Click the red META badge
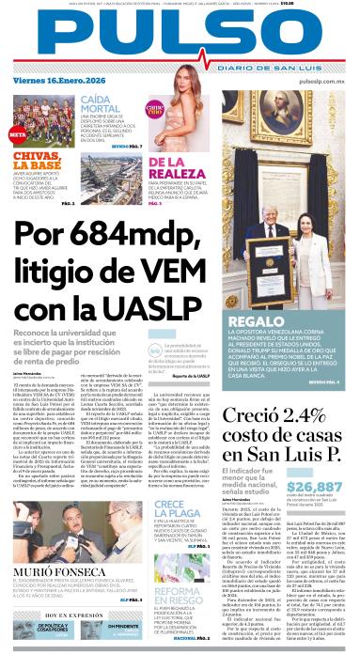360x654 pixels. click(x=16, y=133)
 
